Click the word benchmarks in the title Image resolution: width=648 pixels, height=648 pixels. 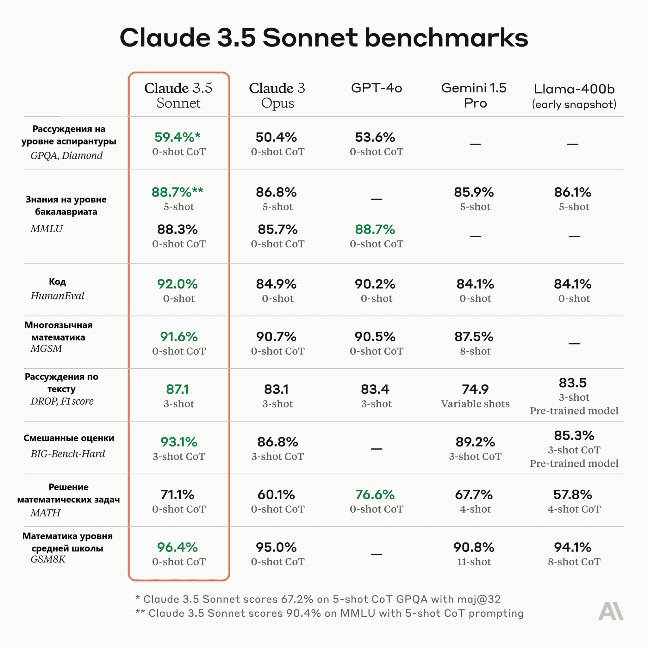pos(446,37)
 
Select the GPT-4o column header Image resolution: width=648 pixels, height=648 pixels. pos(376,88)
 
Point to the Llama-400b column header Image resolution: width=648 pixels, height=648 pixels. pos(574,96)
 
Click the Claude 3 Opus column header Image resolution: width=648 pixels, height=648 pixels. pos(277,96)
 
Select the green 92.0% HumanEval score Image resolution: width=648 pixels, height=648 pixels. pos(178,284)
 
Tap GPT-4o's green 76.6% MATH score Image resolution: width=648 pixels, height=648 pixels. pos(375,495)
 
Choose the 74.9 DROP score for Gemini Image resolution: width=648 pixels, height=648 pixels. pos(475,389)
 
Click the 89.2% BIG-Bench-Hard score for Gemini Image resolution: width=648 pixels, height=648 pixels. pos(475,442)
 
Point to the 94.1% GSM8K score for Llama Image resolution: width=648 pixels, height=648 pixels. pos(572,547)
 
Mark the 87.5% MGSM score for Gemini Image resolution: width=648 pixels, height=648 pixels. pos(474,336)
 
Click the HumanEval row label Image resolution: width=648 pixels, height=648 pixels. pos(57,296)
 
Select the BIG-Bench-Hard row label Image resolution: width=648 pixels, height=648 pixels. pos(68,454)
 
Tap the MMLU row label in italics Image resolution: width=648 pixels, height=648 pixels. pos(47,229)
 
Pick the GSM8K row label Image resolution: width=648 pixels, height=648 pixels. pos(48,559)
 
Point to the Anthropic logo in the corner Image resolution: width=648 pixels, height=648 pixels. pos(611,611)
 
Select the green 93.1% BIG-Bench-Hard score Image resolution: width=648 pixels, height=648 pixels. pos(179,442)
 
